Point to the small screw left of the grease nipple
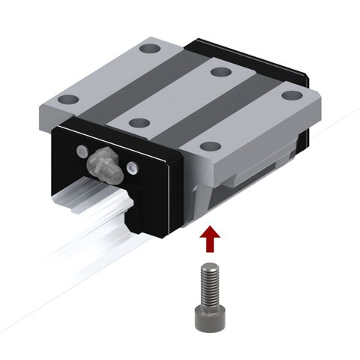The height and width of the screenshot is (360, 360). [x=79, y=151]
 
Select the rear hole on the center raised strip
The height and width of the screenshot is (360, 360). [x=219, y=72]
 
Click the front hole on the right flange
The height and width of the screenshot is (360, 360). [x=211, y=146]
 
